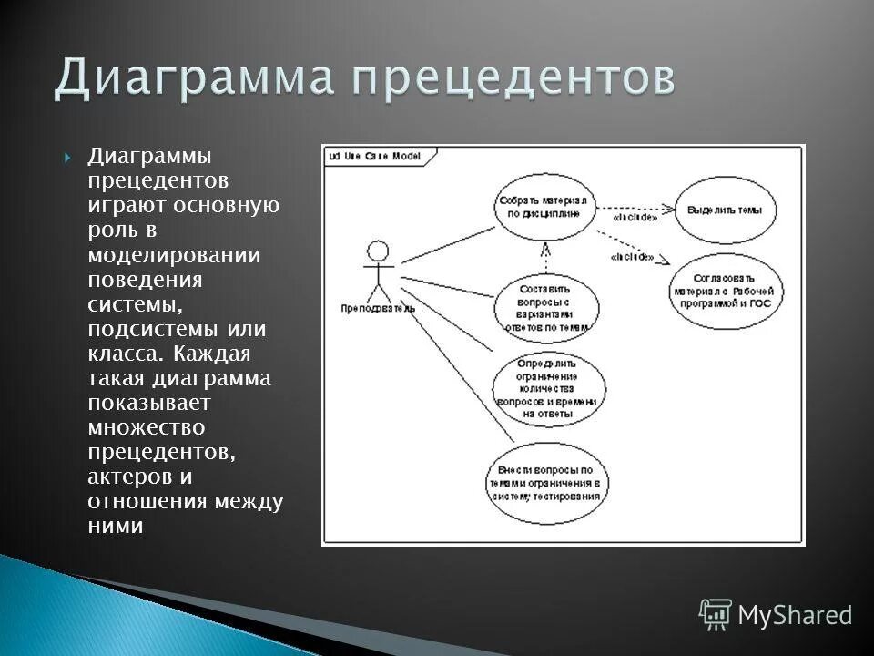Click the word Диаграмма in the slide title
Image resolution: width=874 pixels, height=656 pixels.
pos(191,77)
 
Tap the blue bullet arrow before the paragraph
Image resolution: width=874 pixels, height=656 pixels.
pos(69,158)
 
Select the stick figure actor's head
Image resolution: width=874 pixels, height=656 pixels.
pos(377,251)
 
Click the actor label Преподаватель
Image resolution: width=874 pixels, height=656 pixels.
pos(378,308)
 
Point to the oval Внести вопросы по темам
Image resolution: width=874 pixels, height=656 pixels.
pos(547,483)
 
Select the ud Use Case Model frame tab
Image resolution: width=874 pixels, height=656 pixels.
pos(376,156)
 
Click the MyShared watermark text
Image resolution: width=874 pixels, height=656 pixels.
pos(795,615)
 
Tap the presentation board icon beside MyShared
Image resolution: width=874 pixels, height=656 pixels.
pos(715,614)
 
